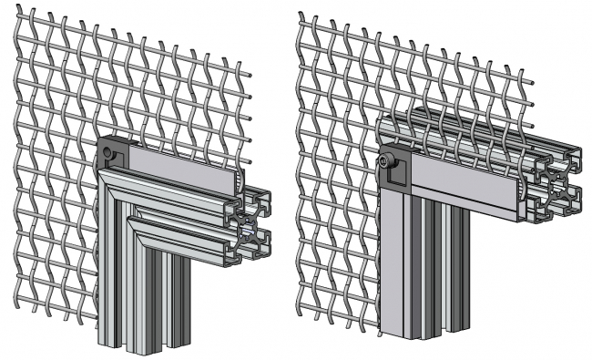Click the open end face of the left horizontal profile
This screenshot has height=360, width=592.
250,222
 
